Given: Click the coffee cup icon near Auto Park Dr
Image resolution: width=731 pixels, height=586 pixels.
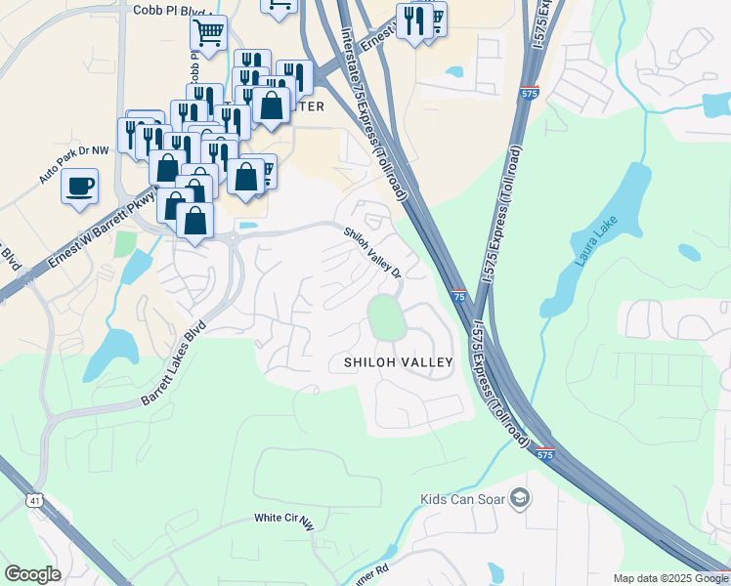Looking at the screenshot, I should point(79,184).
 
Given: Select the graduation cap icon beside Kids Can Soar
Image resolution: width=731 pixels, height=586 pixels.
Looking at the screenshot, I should point(520,499).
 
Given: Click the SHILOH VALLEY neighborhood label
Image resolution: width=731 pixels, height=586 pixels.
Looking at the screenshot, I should point(399,362).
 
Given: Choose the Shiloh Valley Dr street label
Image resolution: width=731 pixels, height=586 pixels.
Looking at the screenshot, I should point(372,253).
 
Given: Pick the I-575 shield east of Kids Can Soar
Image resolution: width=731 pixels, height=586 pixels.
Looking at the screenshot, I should point(545,454).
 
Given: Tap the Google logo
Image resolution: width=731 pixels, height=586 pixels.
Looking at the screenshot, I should point(32,574).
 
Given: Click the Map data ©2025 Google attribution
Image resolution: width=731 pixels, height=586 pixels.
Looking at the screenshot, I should point(669,578).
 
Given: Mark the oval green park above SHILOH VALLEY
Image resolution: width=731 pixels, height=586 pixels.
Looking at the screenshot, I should point(386,317).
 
